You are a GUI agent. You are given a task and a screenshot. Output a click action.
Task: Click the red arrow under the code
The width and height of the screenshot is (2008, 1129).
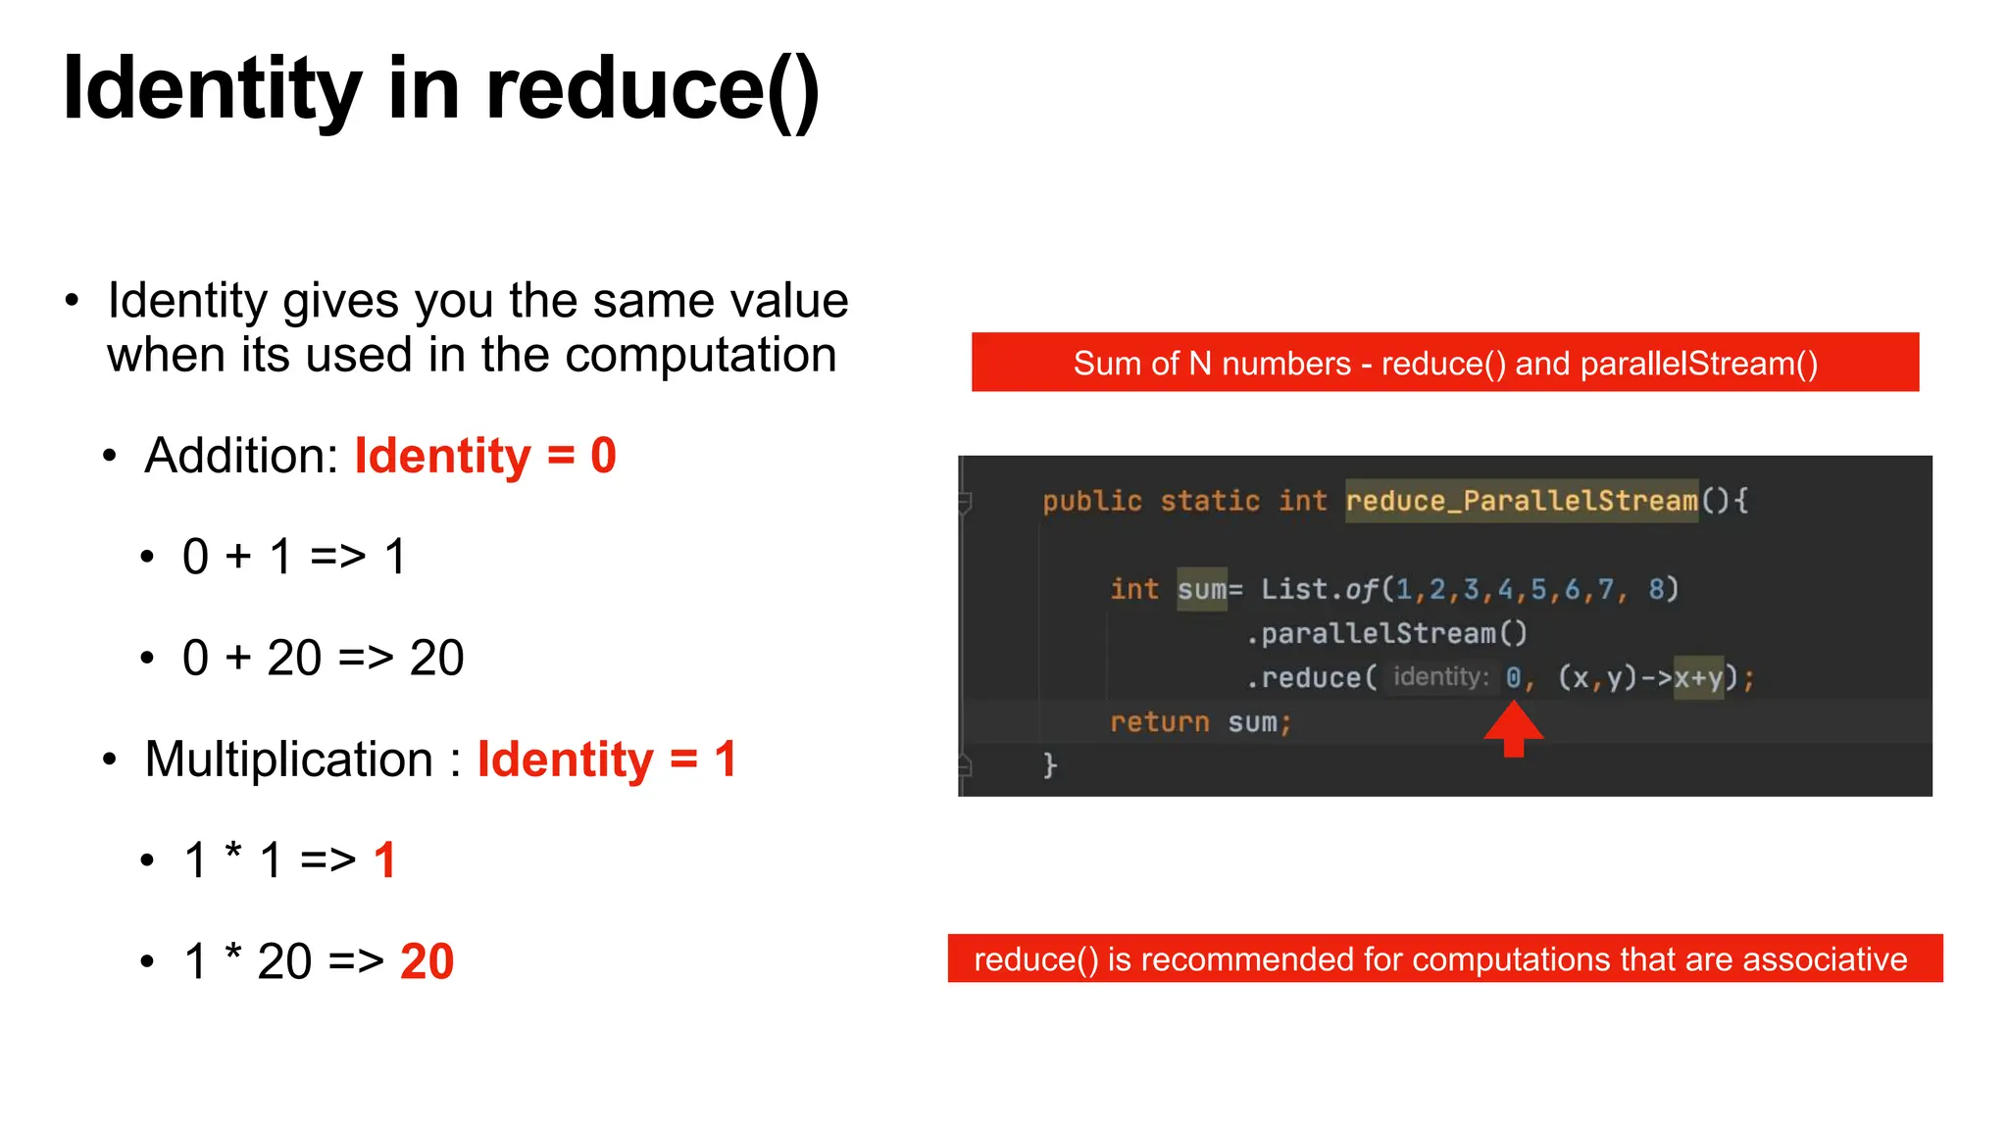tap(1514, 730)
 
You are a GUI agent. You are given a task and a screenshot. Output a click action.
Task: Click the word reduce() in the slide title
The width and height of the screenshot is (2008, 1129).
tap(652, 90)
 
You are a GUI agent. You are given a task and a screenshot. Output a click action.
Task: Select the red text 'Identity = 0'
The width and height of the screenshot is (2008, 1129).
tap(485, 456)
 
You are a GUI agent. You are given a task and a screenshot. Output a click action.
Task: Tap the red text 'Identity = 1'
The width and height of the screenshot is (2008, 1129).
tap(607, 760)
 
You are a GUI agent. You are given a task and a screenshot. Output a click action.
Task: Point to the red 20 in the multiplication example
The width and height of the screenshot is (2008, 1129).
tap(427, 961)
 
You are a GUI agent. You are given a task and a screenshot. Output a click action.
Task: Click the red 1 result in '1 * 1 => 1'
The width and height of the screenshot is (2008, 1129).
tap(385, 860)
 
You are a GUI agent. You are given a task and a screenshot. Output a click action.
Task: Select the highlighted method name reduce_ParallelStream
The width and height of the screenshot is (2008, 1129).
tap(1521, 501)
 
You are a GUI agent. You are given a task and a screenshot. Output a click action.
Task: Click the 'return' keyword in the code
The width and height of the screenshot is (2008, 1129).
tap(1159, 722)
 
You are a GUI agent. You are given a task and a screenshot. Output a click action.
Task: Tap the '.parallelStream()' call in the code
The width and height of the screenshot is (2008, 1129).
tap(1386, 634)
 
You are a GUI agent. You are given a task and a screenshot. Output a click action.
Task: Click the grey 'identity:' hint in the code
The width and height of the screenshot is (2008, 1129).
tap(1440, 677)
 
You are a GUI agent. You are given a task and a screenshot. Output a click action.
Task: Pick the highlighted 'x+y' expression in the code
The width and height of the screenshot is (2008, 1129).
tap(1698, 678)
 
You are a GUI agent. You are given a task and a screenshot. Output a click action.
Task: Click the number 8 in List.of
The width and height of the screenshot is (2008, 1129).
tap(1657, 589)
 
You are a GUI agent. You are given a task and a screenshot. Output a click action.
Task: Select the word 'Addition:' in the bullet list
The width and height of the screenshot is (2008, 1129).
tap(241, 456)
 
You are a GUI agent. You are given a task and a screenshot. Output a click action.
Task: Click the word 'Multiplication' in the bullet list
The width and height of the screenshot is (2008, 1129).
tap(288, 760)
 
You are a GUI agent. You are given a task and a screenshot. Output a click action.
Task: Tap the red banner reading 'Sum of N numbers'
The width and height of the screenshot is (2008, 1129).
tap(1444, 363)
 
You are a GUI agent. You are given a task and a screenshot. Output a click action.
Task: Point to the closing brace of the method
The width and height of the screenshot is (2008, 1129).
tap(1049, 764)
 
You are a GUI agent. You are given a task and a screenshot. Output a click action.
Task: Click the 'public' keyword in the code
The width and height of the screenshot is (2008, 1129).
tap(1092, 501)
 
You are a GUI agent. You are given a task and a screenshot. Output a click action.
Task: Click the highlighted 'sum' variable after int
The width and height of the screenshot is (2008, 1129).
tap(1201, 589)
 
